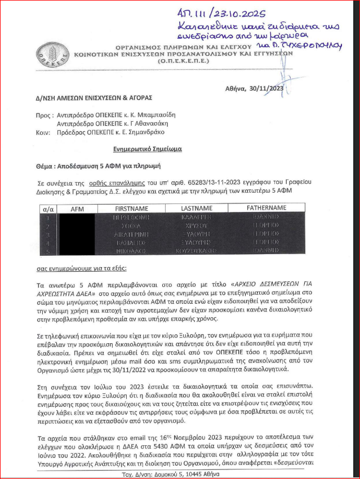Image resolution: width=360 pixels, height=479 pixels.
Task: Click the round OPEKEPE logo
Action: (48, 54)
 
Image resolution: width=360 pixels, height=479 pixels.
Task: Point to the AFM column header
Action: (77, 208)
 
